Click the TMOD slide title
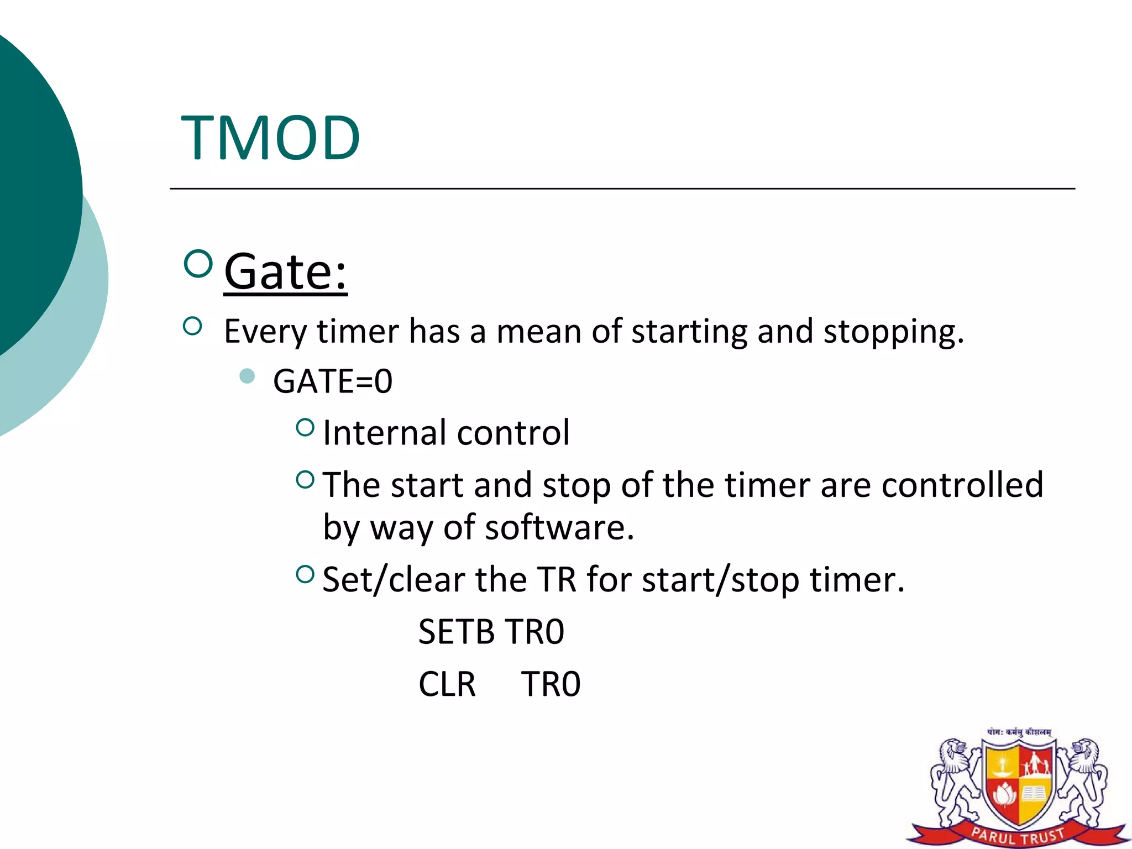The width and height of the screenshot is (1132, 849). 270,138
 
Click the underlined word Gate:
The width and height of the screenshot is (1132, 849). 285,272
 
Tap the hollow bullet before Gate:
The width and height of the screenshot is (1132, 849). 197,264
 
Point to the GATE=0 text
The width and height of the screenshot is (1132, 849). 333,381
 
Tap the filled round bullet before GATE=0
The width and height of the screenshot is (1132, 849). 247,376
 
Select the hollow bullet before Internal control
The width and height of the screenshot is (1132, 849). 305,427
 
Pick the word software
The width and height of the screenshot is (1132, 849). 559,527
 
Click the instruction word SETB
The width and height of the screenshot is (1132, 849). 456,632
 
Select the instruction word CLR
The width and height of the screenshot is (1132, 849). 447,684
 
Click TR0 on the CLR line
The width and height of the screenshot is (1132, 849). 551,684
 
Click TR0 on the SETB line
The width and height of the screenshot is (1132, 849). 534,632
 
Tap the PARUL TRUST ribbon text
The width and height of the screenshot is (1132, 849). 1018,835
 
